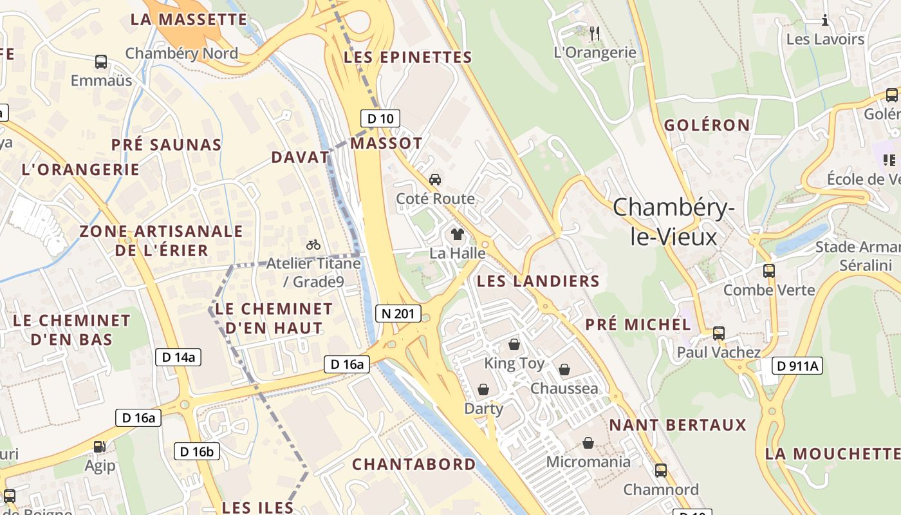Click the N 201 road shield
click(398, 314)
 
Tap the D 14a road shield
click(178, 357)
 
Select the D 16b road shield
click(196, 451)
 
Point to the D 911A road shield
click(797, 366)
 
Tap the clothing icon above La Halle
click(457, 234)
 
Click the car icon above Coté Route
click(435, 179)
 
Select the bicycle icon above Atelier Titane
click(313, 245)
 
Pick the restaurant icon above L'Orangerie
click(595, 33)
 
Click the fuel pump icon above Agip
click(100, 446)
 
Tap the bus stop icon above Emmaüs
click(101, 62)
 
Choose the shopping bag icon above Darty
click(483, 389)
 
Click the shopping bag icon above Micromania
click(588, 443)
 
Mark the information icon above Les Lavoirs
click(825, 21)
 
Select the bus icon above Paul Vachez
click(719, 333)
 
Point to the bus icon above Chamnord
click(660, 471)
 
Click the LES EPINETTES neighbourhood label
click(408, 57)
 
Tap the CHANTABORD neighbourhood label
click(414, 464)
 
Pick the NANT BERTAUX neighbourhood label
click(678, 425)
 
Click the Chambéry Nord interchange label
click(181, 53)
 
